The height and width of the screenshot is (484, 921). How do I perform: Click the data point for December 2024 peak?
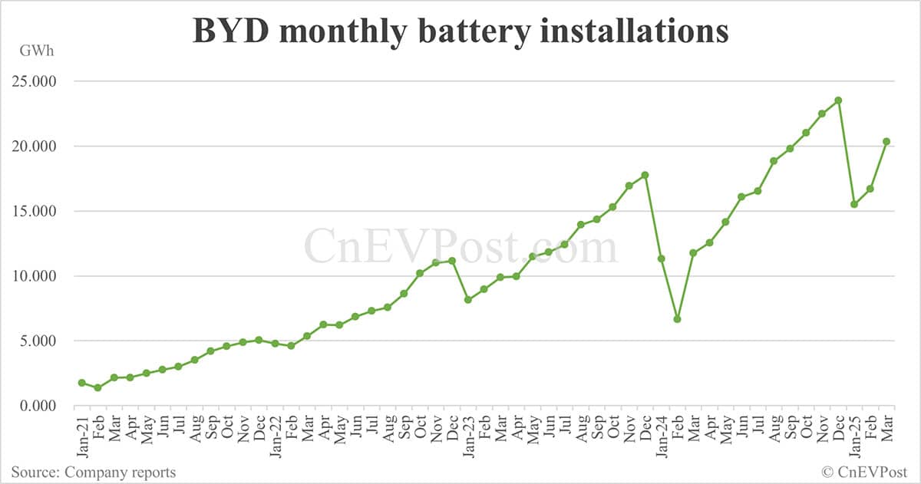pos(838,100)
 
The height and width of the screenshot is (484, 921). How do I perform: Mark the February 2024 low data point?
pos(677,319)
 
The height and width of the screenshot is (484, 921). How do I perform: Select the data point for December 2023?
pos(645,175)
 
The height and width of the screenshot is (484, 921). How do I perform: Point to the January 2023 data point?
pos(467,299)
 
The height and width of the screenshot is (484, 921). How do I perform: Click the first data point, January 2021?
pos(81,383)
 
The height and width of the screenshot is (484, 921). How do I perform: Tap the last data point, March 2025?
pos(886,141)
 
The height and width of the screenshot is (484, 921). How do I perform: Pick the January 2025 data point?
pos(854,204)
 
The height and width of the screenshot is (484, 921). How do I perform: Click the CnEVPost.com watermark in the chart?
pos(460,247)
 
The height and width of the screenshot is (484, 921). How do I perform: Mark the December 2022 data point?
pos(451,261)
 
